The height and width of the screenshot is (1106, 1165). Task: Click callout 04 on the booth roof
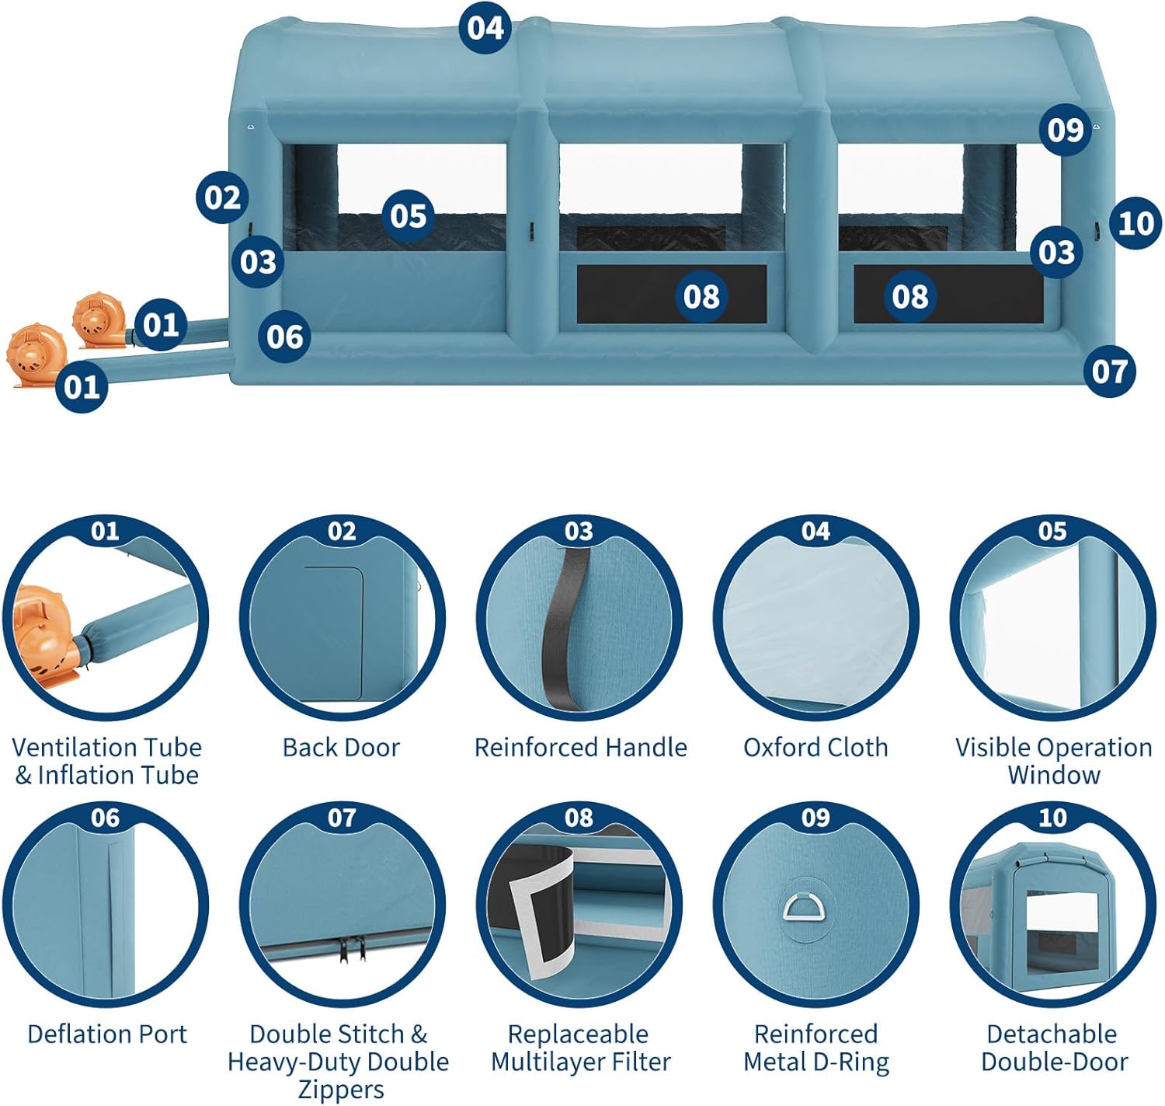[485, 28]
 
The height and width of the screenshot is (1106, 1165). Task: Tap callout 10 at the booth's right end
[1135, 224]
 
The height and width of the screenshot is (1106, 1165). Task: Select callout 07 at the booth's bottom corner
[1109, 371]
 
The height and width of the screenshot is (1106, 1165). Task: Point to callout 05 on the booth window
[409, 215]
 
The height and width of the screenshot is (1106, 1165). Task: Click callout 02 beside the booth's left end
[223, 197]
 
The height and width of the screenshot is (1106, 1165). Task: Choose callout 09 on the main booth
[1065, 130]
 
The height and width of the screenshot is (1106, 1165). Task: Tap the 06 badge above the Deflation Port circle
[105, 818]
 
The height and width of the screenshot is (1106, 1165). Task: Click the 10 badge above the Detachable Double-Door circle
[1052, 818]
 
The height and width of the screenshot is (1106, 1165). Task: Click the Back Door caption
[341, 747]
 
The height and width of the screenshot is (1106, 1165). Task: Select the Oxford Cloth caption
[815, 747]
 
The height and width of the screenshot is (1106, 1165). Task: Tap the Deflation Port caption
[107, 1034]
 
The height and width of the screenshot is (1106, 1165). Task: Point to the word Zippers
[341, 1089]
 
